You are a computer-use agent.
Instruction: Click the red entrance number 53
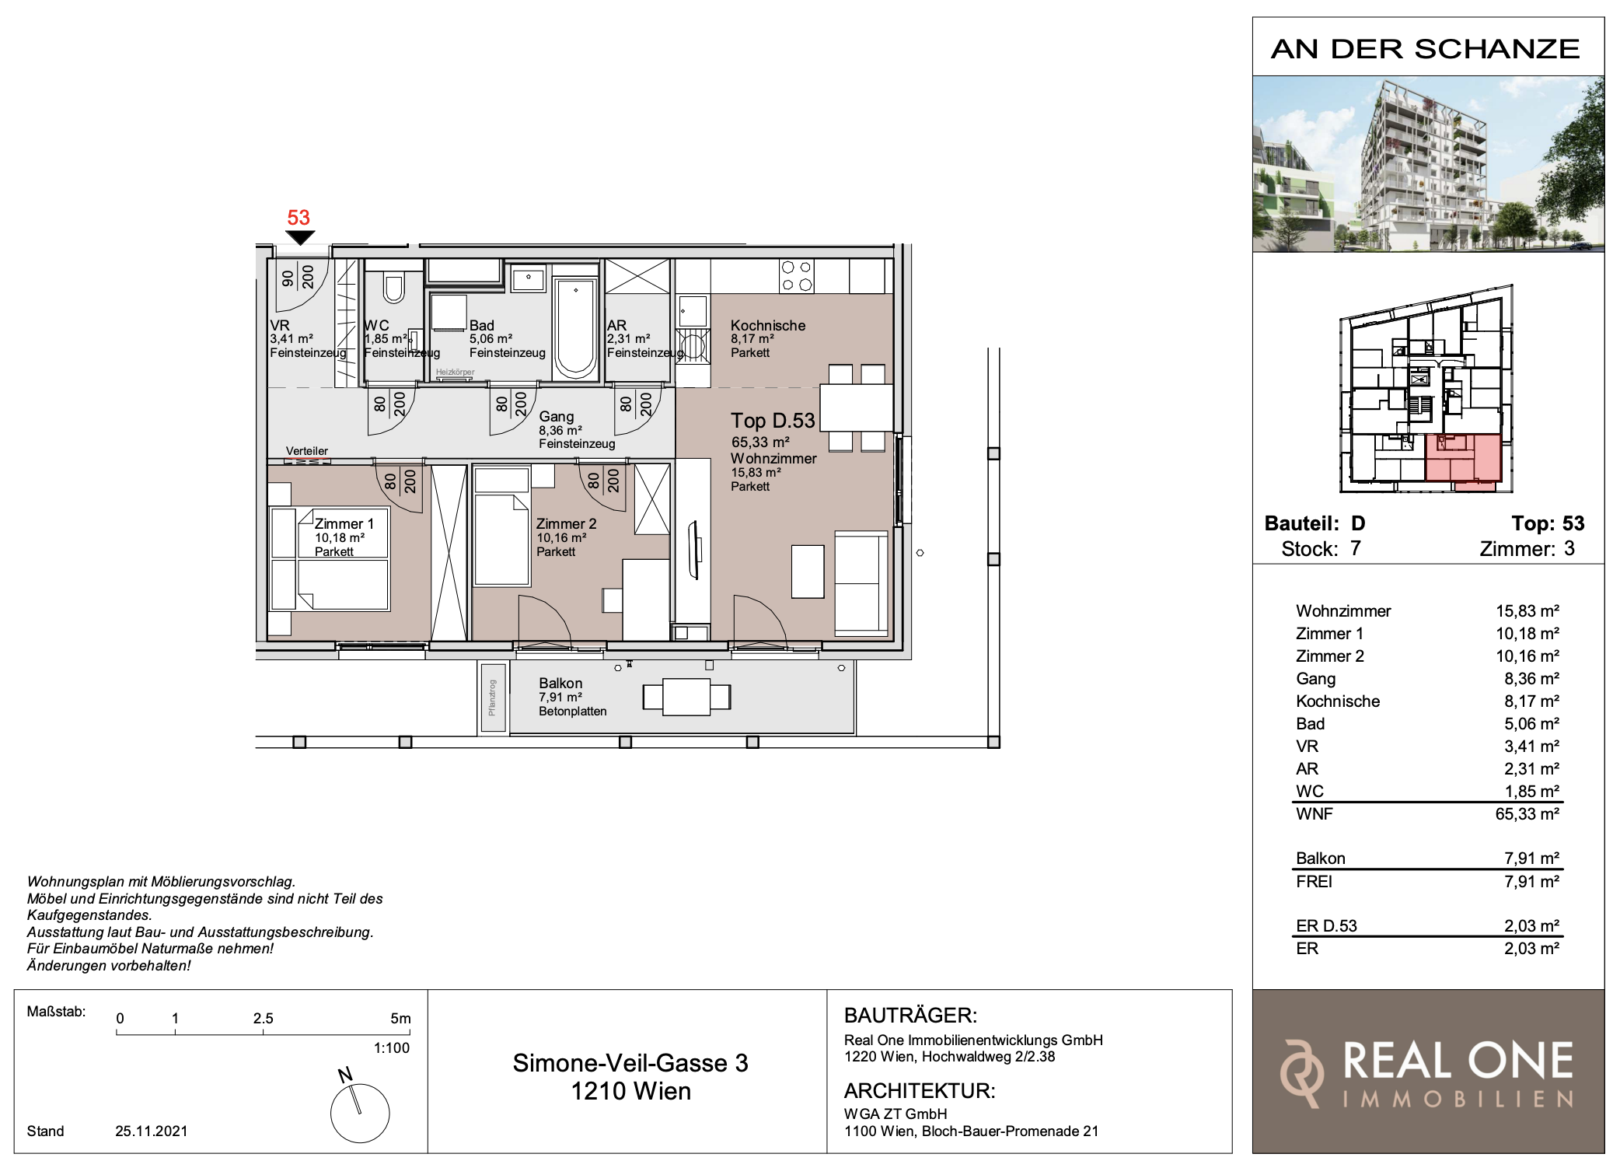coord(299,218)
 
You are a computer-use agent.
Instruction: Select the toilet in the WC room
coord(394,288)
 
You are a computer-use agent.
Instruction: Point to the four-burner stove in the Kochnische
coord(797,276)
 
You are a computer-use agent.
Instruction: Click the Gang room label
coord(557,417)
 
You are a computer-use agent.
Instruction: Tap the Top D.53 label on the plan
coord(773,421)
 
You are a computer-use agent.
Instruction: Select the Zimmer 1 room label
coord(344,524)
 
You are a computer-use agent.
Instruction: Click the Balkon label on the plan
coord(560,684)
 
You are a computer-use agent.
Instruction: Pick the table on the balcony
coord(686,697)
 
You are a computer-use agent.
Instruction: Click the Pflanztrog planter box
coord(493,698)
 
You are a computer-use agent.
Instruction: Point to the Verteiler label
coord(307,451)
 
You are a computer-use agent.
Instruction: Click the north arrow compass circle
coord(360,1114)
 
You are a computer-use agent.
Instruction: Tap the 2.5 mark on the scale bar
coord(264,1019)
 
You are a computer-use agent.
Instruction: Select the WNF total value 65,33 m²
coord(1527,814)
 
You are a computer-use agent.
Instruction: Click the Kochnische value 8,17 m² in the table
coord(1531,701)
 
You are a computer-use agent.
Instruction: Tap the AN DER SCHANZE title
coord(1426,49)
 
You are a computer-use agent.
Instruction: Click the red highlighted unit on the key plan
coord(1462,459)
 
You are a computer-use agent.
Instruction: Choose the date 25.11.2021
coord(152,1131)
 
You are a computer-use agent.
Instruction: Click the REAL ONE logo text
coord(1458,1061)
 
